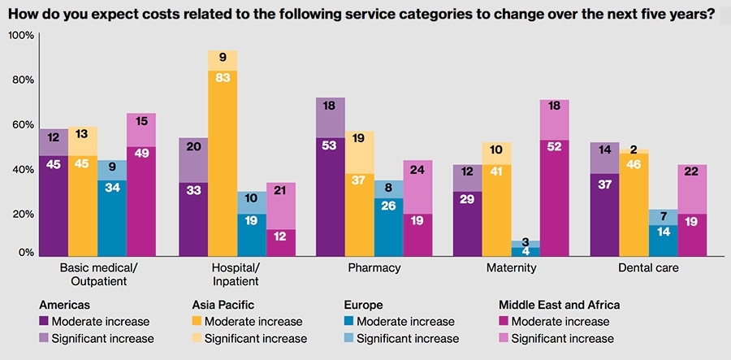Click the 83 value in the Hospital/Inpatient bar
coord(222,76)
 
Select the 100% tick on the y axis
coord(21,36)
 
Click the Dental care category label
coord(649,267)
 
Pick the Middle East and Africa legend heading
coord(559,305)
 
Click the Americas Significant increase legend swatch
coord(45,338)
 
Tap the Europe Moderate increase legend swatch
coord(350,322)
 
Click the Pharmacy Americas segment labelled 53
coord(330,145)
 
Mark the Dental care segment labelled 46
coord(634,164)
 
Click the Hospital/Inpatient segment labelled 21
coord(280,190)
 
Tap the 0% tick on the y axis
coord(24,254)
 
